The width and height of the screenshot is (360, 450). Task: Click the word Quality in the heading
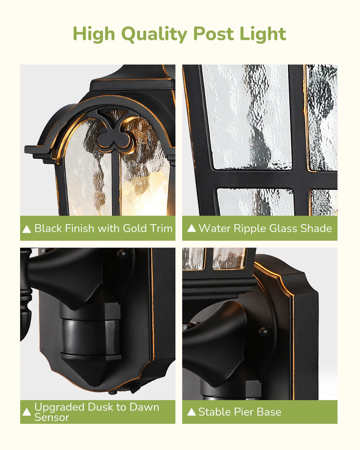154,34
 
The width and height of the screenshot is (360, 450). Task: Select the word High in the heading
94,34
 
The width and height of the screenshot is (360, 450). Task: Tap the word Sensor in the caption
52,417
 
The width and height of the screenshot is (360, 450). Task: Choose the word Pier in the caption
243,412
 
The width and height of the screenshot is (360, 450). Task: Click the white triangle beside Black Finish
26,229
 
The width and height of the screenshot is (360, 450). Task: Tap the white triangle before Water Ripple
192,228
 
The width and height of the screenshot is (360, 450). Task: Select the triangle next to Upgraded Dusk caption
26,412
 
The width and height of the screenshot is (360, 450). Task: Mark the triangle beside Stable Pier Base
192,412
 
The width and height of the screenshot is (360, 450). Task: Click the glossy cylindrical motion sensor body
90,337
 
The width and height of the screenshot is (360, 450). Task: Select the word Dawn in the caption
144,407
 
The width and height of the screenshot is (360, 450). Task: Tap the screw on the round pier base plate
265,332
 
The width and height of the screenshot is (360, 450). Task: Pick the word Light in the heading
263,34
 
